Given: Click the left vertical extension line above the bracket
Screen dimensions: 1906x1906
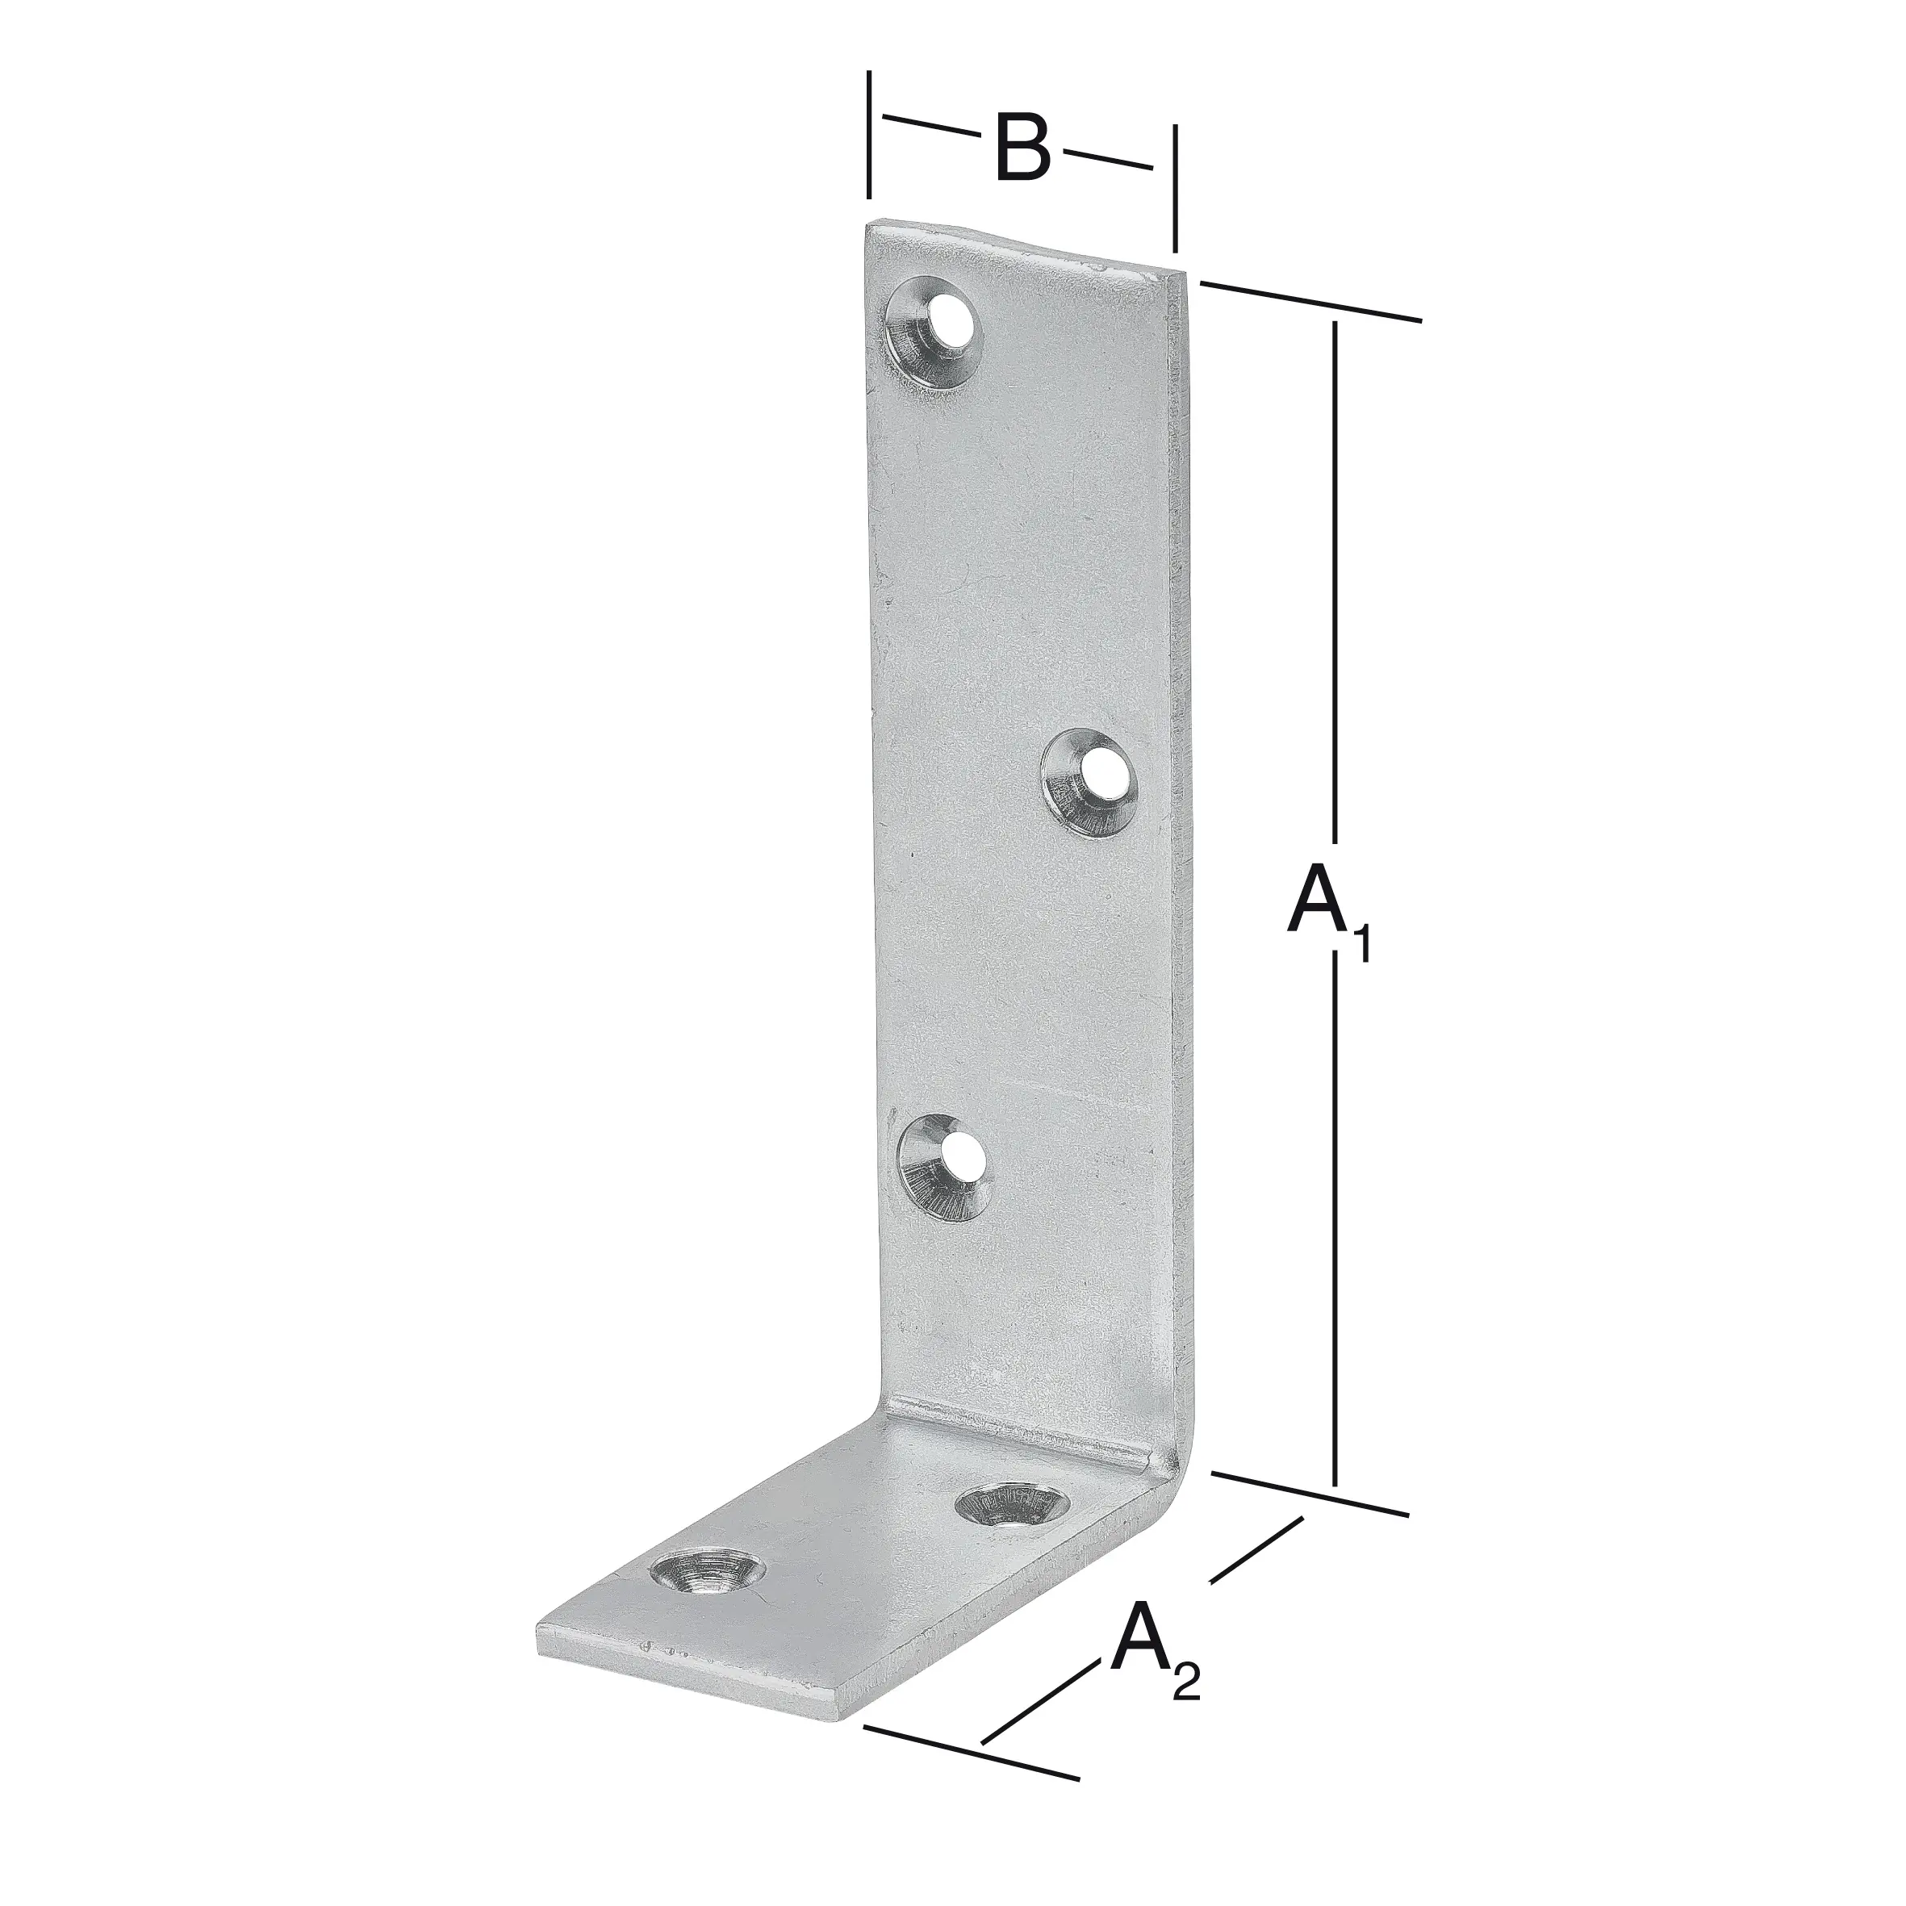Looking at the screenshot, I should (868, 134).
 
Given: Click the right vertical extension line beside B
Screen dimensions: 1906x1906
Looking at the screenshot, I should (1174, 187).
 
